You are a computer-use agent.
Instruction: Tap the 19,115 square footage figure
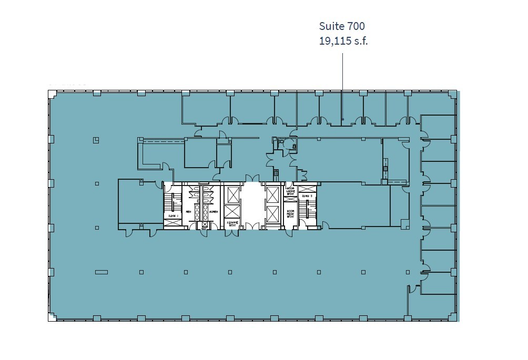(335, 41)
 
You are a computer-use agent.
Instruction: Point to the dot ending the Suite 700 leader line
(342, 119)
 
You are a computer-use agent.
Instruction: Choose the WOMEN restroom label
(214, 212)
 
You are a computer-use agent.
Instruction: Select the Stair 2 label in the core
(307, 196)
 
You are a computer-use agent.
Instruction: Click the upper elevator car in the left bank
(231, 194)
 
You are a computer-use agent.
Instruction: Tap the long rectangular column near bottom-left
(101, 272)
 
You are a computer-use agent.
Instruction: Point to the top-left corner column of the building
(52, 94)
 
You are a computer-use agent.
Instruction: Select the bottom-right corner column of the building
(452, 317)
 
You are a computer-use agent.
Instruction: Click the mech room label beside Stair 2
(290, 214)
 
